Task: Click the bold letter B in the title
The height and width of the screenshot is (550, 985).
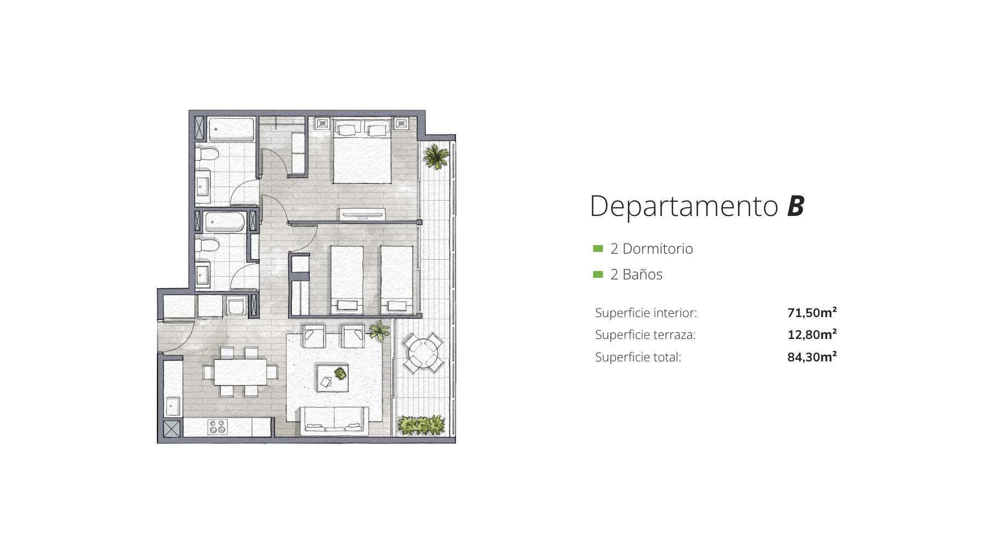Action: pyautogui.click(x=796, y=206)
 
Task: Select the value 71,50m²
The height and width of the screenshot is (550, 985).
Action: pyautogui.click(x=812, y=312)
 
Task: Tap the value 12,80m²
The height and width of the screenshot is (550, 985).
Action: pyautogui.click(x=812, y=334)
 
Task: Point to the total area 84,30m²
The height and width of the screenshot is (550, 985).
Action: pyautogui.click(x=812, y=356)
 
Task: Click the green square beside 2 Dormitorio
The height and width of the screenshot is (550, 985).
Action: pyautogui.click(x=598, y=249)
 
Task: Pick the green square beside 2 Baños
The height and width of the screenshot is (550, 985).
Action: pyautogui.click(x=598, y=274)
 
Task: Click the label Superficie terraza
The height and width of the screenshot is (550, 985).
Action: pyautogui.click(x=645, y=335)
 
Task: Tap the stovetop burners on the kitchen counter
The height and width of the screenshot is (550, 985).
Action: pyautogui.click(x=217, y=426)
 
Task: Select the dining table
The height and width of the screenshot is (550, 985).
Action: pyautogui.click(x=240, y=372)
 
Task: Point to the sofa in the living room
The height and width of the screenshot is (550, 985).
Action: pyautogui.click(x=334, y=420)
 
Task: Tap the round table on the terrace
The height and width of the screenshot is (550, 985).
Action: pyautogui.click(x=423, y=353)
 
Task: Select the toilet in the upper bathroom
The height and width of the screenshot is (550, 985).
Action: pyautogui.click(x=207, y=154)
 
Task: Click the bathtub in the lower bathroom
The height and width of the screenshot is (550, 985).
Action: pyautogui.click(x=225, y=222)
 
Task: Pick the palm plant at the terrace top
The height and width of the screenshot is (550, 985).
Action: pyautogui.click(x=436, y=156)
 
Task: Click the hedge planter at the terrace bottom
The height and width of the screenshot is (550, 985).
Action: pyautogui.click(x=421, y=425)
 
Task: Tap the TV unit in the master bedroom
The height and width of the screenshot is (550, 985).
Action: pyautogui.click(x=362, y=214)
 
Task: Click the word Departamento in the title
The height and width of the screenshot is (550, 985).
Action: pyautogui.click(x=684, y=207)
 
